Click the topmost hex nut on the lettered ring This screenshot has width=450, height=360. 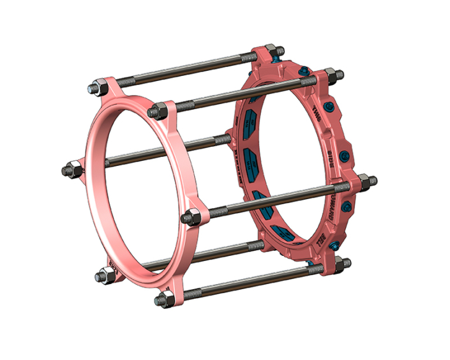[269, 49]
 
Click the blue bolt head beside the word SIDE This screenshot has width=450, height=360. [345, 154]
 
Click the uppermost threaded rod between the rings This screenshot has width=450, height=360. [185, 67]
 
